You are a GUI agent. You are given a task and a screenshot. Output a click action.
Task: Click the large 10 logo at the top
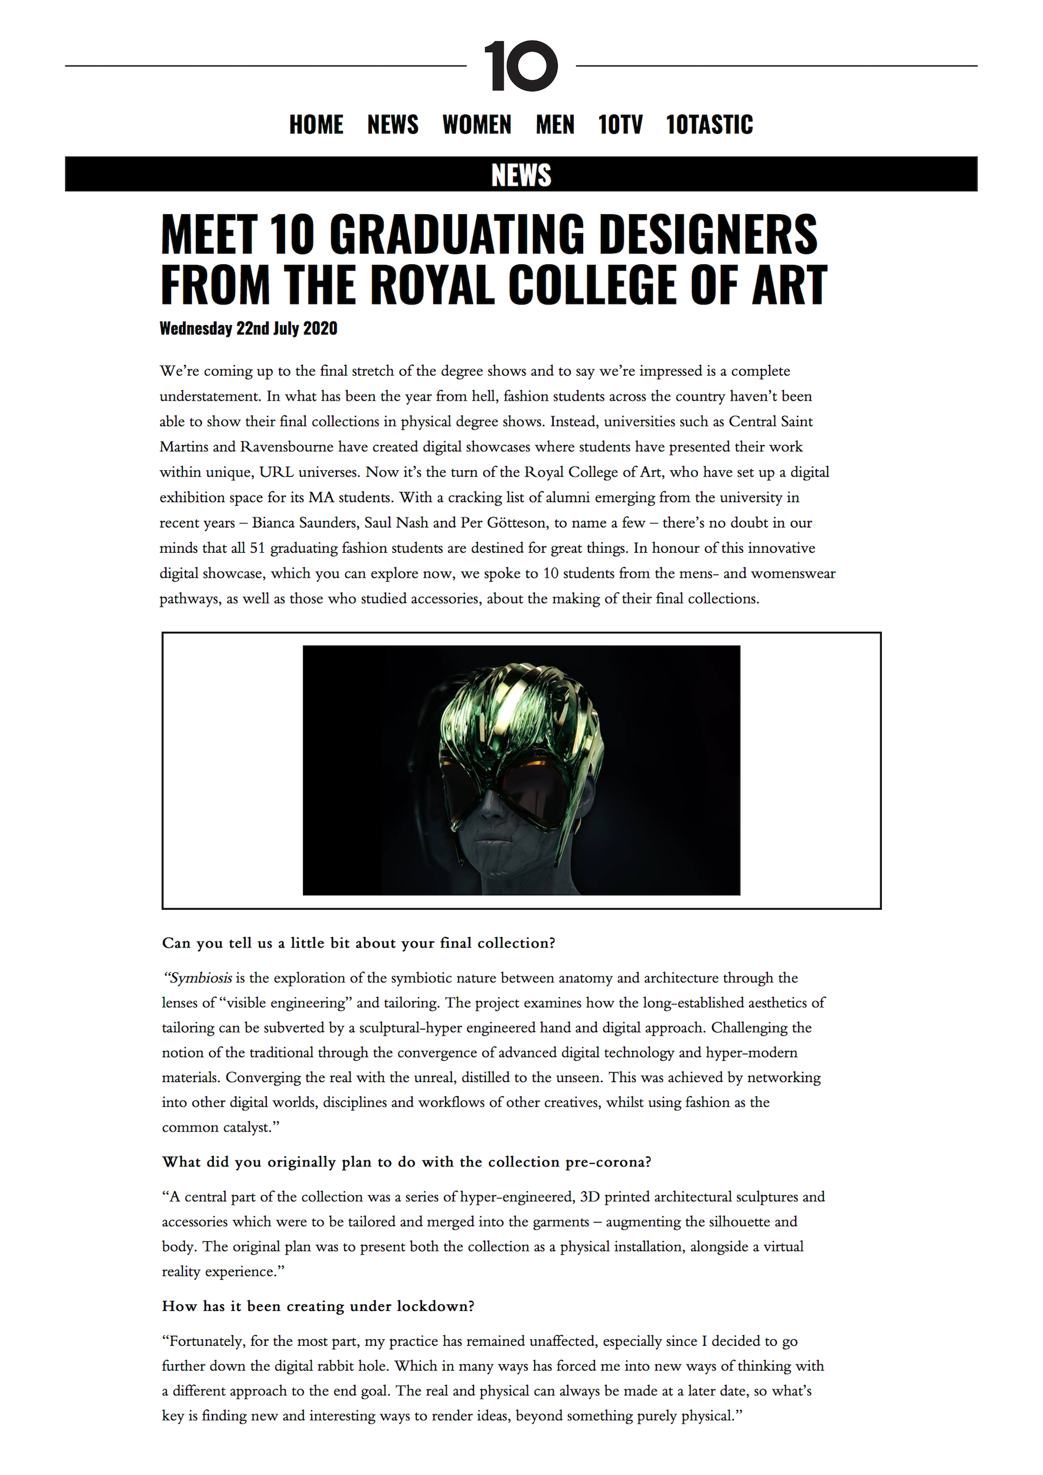pyautogui.click(x=521, y=66)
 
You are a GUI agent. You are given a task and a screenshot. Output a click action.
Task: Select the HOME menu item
pyautogui.click(x=316, y=124)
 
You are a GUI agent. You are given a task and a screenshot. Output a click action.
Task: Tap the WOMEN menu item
pyautogui.click(x=477, y=124)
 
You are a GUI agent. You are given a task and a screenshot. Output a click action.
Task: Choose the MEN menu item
pyautogui.click(x=555, y=124)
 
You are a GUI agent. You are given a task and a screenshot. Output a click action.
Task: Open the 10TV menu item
pyautogui.click(x=620, y=124)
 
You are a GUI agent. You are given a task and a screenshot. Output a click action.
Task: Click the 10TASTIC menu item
pyautogui.click(x=709, y=124)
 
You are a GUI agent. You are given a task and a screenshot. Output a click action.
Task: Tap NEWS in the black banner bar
pyautogui.click(x=521, y=175)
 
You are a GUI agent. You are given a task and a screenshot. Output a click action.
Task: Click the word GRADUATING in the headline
pyautogui.click(x=457, y=235)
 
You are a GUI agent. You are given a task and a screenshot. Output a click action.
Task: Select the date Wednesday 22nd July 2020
pyautogui.click(x=248, y=328)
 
